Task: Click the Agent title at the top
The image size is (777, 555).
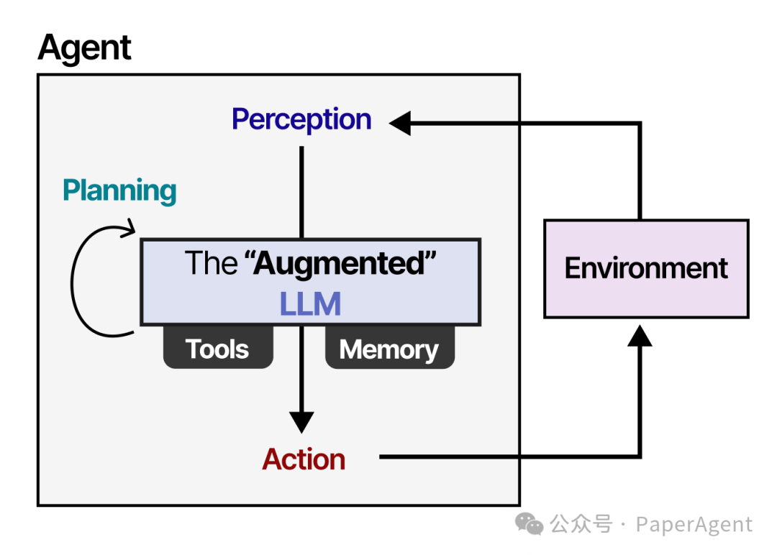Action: (x=85, y=48)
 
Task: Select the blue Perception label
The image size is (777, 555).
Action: (x=301, y=119)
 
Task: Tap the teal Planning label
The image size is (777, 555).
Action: (x=119, y=191)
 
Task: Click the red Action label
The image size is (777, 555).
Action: (x=304, y=459)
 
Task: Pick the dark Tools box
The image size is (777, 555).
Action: (x=218, y=349)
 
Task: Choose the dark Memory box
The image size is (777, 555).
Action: (x=389, y=349)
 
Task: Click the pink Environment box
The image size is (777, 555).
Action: (x=646, y=268)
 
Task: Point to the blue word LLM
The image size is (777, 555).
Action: (x=310, y=305)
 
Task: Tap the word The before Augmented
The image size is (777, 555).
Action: (x=211, y=264)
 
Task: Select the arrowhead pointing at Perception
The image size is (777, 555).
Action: (x=400, y=123)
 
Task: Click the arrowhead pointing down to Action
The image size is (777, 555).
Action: (x=301, y=421)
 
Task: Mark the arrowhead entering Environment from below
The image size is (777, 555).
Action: (x=640, y=334)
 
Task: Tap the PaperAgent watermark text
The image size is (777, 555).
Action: (x=694, y=525)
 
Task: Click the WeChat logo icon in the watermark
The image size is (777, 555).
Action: (x=531, y=525)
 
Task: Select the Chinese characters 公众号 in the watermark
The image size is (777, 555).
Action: (x=581, y=525)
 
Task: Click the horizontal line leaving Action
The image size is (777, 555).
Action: (x=504, y=457)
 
